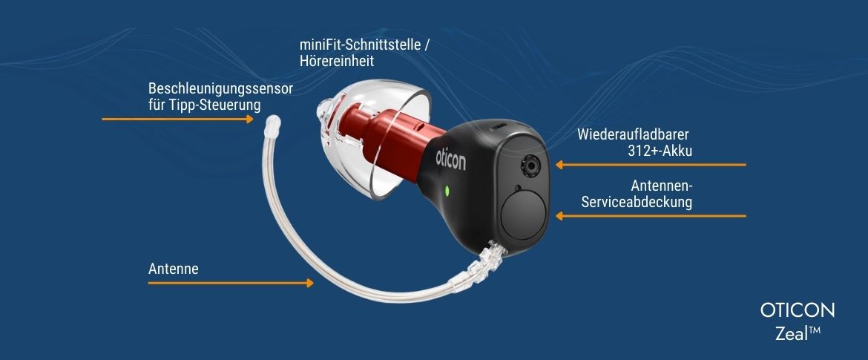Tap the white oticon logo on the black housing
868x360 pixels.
coord(450,157)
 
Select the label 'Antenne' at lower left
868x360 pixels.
coord(174,269)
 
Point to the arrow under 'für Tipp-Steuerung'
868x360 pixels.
coord(178,119)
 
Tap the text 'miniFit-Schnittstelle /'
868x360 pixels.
coord(364,46)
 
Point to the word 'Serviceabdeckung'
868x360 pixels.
coord(637,201)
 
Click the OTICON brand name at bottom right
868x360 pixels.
coord(798,310)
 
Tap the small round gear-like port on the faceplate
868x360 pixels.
coord(530,163)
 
